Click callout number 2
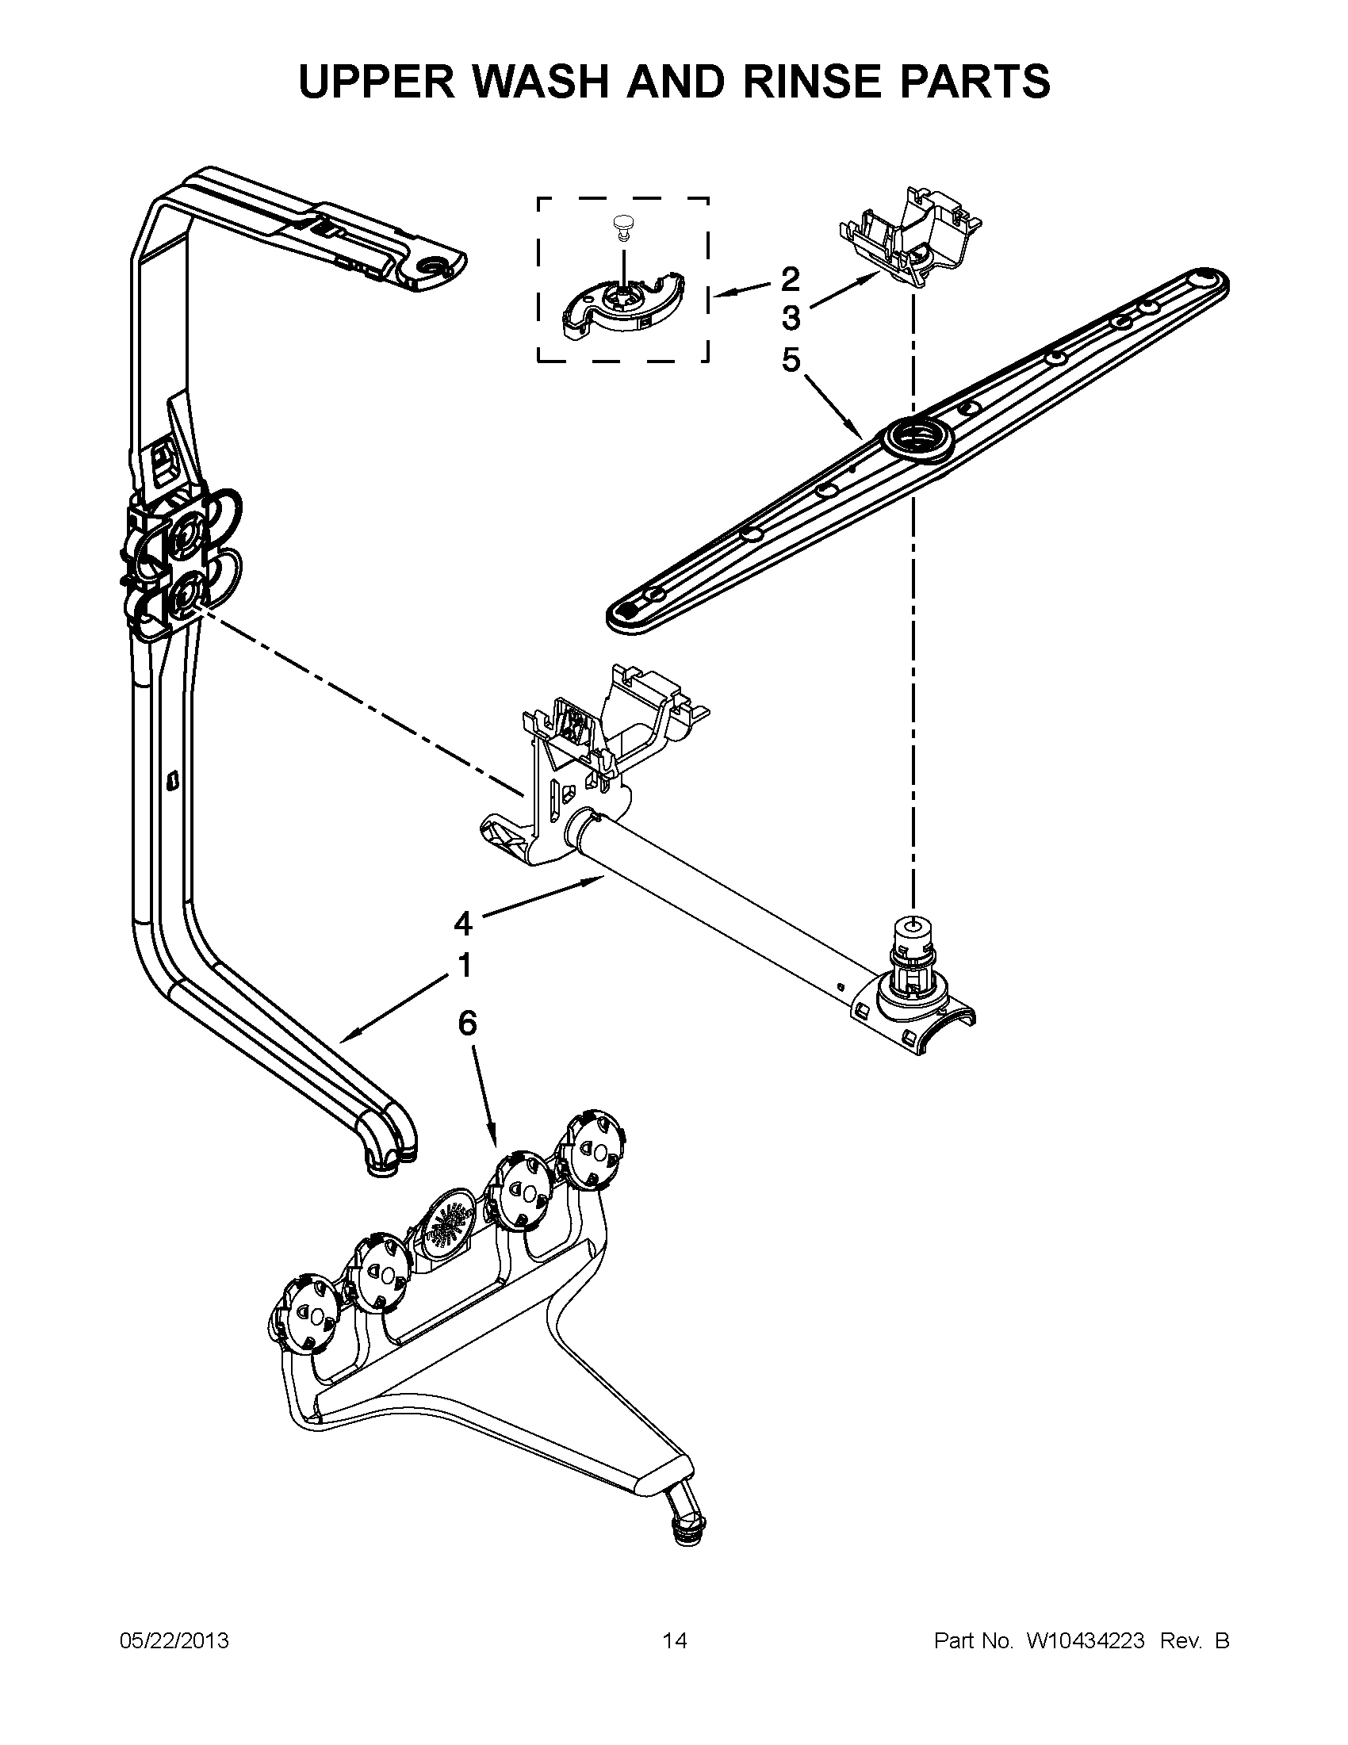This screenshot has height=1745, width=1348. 789,279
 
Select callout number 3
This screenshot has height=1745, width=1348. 790,318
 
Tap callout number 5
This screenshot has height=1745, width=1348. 790,360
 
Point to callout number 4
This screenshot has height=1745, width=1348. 462,924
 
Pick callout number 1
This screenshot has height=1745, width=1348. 463,966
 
